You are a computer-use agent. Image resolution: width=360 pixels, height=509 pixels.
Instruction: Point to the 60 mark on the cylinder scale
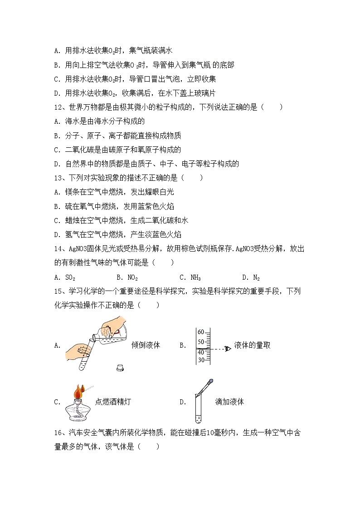pos(201,332)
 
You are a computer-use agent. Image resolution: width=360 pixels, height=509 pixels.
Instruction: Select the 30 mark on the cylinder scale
pos(201,360)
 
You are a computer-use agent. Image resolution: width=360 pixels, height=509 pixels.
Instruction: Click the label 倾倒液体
pos(146,345)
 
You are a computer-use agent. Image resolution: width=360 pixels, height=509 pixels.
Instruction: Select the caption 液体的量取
pos(253,345)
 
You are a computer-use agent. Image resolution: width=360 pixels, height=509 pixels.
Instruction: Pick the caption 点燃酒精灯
pos(113,402)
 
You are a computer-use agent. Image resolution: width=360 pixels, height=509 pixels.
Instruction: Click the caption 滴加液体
pos(229,402)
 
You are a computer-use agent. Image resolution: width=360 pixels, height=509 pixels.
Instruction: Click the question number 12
pos(58,107)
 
